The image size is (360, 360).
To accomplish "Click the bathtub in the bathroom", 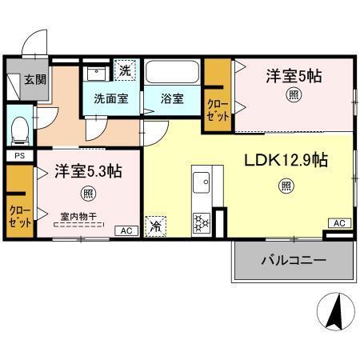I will pyautogui.click(x=173, y=73).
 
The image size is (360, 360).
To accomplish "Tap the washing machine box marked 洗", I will pyautogui.click(x=124, y=70).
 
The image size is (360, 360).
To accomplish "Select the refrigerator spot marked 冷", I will pyautogui.click(x=155, y=226).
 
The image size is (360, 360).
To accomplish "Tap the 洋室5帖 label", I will pyautogui.click(x=294, y=76).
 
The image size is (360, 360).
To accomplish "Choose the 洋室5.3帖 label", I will pyautogui.click(x=88, y=171).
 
